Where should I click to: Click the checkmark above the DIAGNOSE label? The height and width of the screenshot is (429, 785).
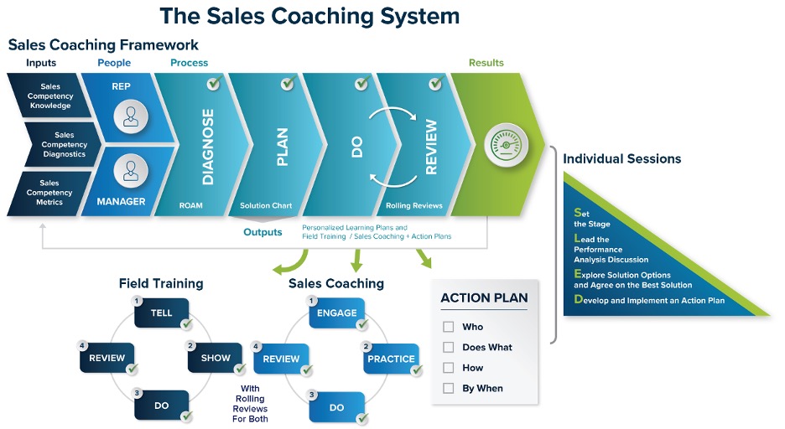point(214,84)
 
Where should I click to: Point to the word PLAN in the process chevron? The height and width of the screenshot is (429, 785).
point(282,147)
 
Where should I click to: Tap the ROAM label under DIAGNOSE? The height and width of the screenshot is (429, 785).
point(190,204)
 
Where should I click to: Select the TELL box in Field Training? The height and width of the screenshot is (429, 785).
point(162,313)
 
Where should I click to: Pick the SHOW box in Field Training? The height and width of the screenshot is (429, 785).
point(215,358)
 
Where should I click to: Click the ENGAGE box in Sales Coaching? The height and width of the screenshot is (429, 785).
point(336,313)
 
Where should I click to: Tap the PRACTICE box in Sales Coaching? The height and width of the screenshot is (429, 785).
point(390,359)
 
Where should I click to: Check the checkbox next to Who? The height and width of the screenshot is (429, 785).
point(448,327)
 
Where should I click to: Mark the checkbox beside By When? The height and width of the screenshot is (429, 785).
point(448,388)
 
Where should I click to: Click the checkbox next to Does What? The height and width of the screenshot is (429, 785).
point(448,347)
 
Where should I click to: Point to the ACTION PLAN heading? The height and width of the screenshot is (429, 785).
point(484,297)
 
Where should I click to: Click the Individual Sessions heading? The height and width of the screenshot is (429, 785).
point(621,158)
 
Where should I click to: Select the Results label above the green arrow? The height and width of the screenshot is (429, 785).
point(486,63)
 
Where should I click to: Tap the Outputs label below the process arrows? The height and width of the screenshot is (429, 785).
point(263,232)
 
